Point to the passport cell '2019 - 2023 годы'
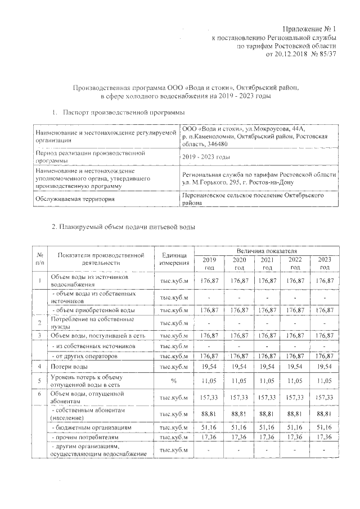(206, 156)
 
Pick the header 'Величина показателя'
(266, 249)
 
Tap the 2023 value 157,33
(325, 398)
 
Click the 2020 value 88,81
(238, 415)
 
